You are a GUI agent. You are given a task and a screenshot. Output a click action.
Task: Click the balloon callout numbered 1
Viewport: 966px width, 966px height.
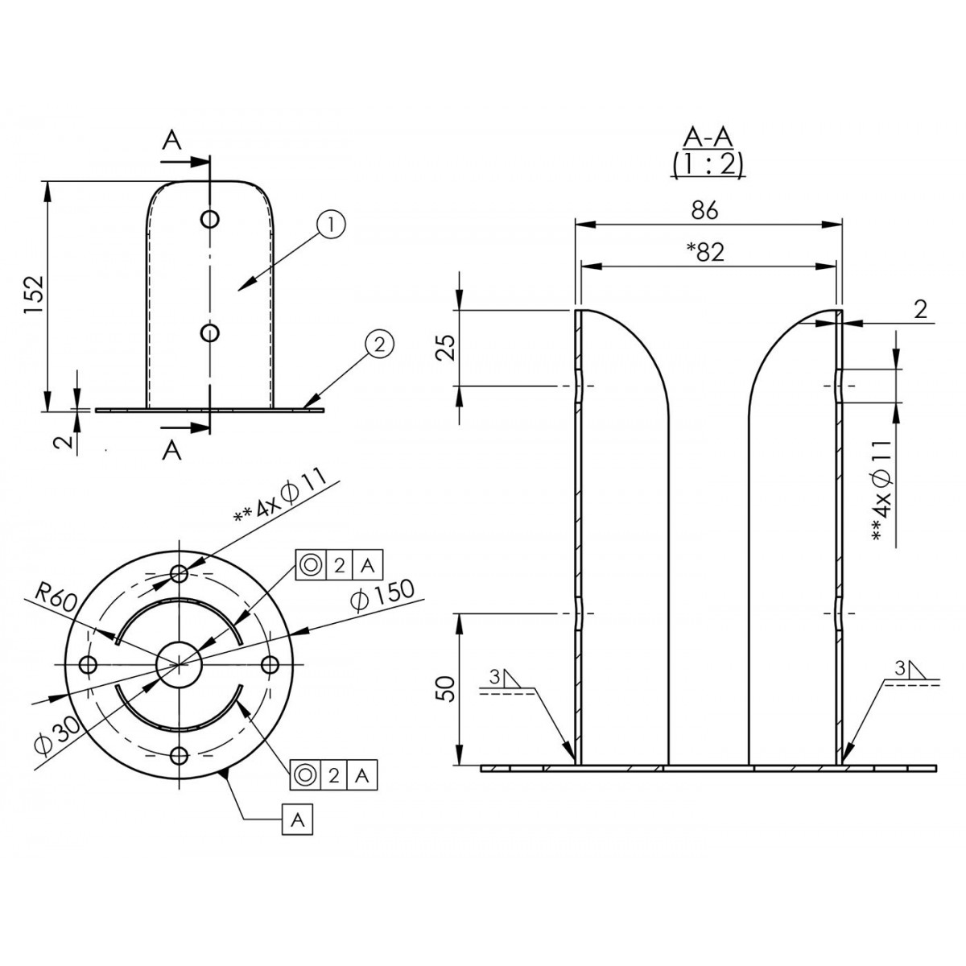pyautogui.click(x=330, y=226)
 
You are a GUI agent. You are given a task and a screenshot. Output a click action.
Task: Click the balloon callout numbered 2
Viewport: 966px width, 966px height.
pyautogui.click(x=379, y=345)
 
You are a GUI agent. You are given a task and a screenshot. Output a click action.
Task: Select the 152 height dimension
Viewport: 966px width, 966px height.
pyautogui.click(x=35, y=295)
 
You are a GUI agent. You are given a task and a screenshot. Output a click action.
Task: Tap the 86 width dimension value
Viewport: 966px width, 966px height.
pyautogui.click(x=704, y=211)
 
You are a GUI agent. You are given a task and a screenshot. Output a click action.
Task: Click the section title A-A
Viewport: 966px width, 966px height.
pyautogui.click(x=708, y=138)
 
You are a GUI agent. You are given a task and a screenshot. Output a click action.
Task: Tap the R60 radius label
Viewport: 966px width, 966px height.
pyautogui.click(x=56, y=598)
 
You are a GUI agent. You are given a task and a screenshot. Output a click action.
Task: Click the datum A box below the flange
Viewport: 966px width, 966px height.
pyautogui.click(x=298, y=819)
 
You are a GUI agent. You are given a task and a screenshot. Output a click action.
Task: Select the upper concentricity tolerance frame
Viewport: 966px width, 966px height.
pyautogui.click(x=340, y=565)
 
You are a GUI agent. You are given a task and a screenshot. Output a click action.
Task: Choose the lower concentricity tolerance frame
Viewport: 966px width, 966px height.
pyautogui.click(x=333, y=775)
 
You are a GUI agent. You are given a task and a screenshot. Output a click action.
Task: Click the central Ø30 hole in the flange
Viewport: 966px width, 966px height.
pyautogui.click(x=179, y=665)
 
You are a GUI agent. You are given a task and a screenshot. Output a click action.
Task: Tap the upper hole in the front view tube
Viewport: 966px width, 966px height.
pyautogui.click(x=209, y=219)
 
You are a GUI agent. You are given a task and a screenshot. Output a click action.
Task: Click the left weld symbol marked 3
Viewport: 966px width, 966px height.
pyautogui.click(x=507, y=683)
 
